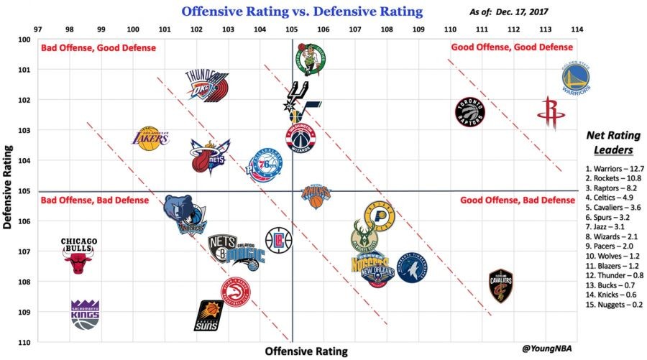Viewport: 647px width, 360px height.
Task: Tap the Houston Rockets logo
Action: tap(552, 114)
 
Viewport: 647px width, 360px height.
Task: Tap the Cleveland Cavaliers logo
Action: tap(500, 286)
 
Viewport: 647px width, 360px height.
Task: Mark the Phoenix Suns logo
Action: tap(210, 315)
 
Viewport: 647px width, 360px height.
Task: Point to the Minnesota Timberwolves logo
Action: tap(412, 267)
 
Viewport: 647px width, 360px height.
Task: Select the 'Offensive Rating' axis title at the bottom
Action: tap(306, 351)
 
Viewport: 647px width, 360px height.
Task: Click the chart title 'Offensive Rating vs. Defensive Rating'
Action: tap(302, 11)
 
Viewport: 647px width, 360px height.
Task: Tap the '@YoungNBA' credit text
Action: tap(550, 349)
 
